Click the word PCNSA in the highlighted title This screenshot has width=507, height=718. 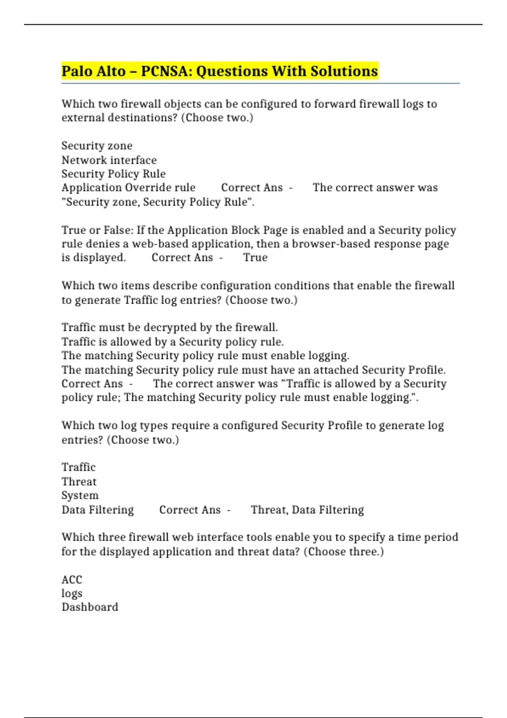coord(165,71)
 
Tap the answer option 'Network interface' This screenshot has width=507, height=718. coord(109,160)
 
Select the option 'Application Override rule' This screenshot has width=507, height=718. coord(128,188)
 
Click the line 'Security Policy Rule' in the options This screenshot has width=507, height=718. coord(113,174)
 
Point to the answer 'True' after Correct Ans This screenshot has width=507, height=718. coord(255,257)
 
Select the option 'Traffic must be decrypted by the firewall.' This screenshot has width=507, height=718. coord(169,327)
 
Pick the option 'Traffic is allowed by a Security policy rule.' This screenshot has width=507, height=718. coord(172,341)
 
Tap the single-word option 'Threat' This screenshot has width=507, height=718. coord(79,481)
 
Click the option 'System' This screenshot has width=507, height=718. coord(80,495)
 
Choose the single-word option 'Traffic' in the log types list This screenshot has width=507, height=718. coord(79,467)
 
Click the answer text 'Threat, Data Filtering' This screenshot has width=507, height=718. coord(307,510)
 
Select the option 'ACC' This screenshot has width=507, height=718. coord(72,579)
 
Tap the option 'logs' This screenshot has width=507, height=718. coord(72,593)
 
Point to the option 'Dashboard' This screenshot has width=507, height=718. coord(90,607)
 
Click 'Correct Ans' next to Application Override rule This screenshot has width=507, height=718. coord(252,188)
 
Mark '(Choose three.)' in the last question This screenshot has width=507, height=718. coord(343,552)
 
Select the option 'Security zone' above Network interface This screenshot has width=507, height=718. coord(97,146)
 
